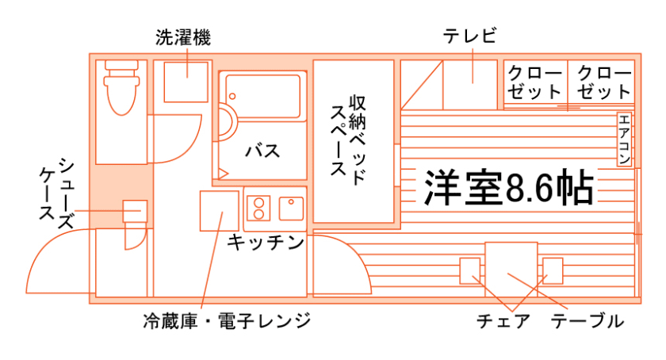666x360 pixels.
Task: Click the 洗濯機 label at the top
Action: coord(182,37)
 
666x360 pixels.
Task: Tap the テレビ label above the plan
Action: coord(470,36)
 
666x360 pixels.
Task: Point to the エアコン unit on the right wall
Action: coord(624,140)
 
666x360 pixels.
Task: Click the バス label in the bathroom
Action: coord(261,150)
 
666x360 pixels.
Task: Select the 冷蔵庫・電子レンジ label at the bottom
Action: coord(227,321)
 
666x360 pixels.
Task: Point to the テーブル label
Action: coord(588,321)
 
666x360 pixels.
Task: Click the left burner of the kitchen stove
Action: coord(258,208)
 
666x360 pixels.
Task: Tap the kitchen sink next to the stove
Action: coord(290,208)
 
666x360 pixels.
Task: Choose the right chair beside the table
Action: coord(553,270)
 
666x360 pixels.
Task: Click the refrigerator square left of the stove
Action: coord(219,210)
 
